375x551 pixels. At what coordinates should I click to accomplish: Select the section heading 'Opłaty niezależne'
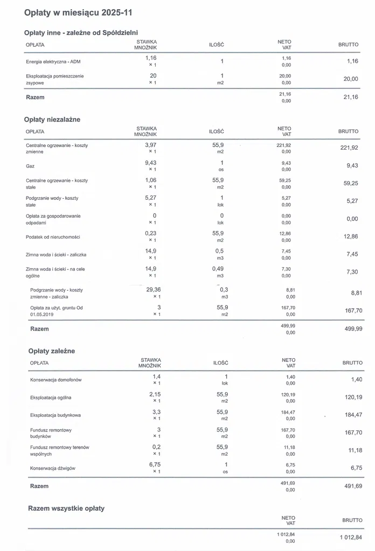point(52,120)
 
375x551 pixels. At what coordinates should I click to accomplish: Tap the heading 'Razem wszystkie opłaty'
point(66,508)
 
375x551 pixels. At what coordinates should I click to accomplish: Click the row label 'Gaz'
point(30,166)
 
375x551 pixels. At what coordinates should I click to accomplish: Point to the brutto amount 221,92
point(350,148)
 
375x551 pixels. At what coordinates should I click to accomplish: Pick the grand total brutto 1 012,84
point(351,538)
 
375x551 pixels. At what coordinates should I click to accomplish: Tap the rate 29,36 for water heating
point(154,289)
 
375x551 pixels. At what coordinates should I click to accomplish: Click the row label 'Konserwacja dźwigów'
point(53,469)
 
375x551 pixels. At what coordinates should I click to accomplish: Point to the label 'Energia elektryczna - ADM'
point(53,62)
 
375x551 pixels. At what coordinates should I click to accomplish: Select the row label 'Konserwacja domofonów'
point(56,380)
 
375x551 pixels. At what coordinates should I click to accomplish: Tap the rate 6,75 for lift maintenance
point(155,464)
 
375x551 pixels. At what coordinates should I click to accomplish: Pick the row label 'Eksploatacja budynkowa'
point(55,415)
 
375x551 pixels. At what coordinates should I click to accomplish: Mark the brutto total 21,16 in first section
point(350,97)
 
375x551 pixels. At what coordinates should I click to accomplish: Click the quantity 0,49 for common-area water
point(220,268)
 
